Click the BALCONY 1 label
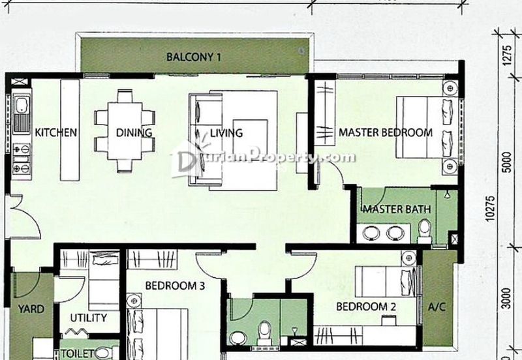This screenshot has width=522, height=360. coord(194,57)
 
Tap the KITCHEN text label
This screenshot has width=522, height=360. coord(56,132)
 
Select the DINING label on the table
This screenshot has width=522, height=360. coord(134,132)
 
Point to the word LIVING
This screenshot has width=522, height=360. coord(226,132)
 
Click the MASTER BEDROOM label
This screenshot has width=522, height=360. coord(385,132)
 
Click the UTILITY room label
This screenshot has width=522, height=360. coord(88,318)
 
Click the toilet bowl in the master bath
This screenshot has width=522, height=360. coord(425,230)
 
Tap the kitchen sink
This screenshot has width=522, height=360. coord(20,112)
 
